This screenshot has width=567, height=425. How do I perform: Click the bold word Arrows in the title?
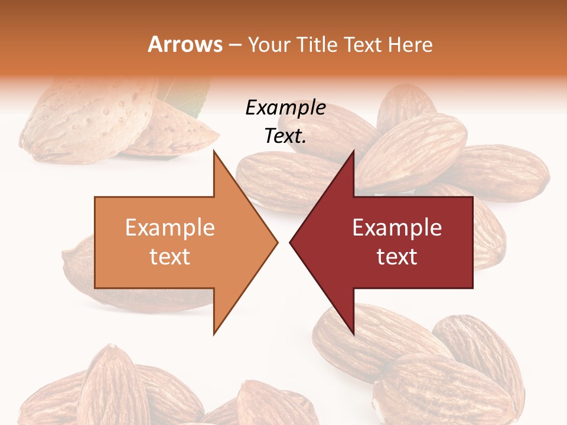click(185, 44)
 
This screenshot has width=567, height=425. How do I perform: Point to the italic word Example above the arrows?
click(285, 107)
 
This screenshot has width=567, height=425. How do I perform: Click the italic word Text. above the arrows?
click(285, 136)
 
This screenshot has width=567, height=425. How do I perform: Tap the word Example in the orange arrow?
click(170, 227)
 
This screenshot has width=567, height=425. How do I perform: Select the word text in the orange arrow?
click(170, 257)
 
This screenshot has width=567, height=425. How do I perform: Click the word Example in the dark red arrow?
click(397, 227)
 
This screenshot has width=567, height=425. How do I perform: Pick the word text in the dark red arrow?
click(397, 257)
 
